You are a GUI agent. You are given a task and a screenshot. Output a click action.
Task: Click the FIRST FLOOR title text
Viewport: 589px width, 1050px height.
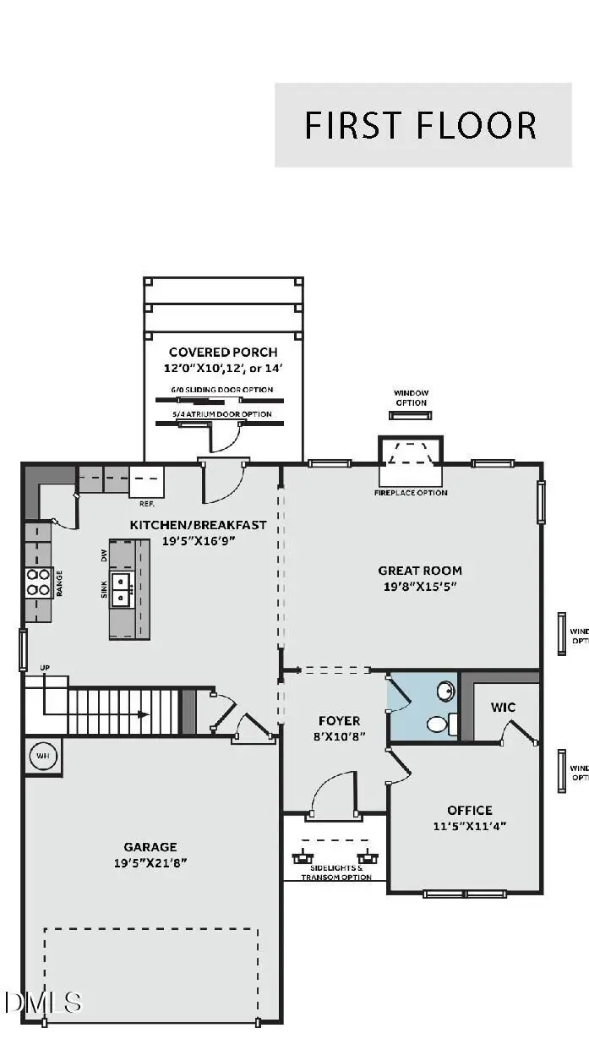pos(421,125)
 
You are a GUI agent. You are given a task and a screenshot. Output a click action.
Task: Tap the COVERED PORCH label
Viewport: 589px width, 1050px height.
pos(223,353)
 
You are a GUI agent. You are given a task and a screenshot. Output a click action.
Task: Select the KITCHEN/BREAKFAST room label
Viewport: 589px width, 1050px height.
pos(198,525)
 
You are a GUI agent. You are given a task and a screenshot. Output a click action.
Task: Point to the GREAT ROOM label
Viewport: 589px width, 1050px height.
pos(420,571)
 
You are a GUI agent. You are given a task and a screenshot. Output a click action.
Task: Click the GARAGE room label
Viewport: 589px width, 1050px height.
pos(150,846)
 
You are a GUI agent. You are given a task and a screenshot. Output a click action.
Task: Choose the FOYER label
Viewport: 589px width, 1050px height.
pos(339,721)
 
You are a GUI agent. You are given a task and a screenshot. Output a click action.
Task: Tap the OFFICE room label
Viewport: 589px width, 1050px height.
pos(470,810)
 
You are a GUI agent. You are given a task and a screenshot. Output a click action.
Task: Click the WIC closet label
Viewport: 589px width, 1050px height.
pos(503,707)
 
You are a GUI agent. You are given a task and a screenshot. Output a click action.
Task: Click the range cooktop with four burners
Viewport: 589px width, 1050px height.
pos(38,582)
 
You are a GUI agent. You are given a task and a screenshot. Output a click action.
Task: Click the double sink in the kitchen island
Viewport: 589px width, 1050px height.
pos(123,588)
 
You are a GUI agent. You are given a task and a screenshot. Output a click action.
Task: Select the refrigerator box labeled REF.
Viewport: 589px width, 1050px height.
pos(147,481)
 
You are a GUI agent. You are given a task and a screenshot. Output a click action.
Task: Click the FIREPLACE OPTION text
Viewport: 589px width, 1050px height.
pos(411,493)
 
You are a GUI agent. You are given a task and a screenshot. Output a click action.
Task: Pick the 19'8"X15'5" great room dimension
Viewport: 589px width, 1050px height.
pos(420,587)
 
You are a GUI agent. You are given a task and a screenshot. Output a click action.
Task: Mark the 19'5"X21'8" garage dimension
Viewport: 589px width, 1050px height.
pos(150,862)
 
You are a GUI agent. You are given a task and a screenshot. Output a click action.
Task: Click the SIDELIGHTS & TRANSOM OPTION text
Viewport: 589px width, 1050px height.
pos(337,872)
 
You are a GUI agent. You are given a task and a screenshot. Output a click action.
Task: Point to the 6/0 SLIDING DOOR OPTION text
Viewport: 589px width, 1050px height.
pos(220,390)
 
